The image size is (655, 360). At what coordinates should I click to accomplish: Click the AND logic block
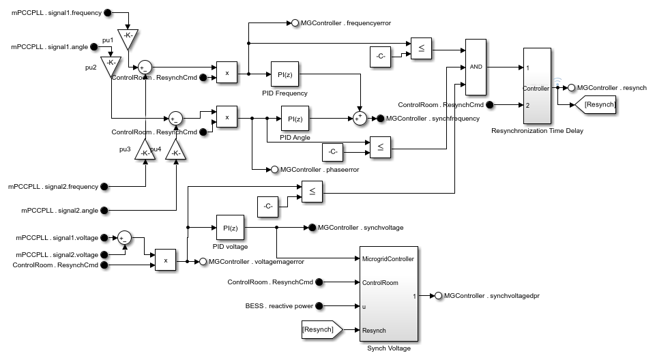475,67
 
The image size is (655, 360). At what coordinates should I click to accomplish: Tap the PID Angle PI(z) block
295,119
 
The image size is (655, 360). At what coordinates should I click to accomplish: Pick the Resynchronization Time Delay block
536,86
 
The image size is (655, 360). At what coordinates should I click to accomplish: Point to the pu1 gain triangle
127,39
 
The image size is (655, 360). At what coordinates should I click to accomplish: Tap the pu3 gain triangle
145,151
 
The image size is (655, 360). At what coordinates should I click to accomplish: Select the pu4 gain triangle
175,151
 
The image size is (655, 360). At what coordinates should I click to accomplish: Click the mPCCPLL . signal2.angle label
53,210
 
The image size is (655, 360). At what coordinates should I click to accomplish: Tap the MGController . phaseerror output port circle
274,169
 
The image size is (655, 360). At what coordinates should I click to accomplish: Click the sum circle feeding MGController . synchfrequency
360,119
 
